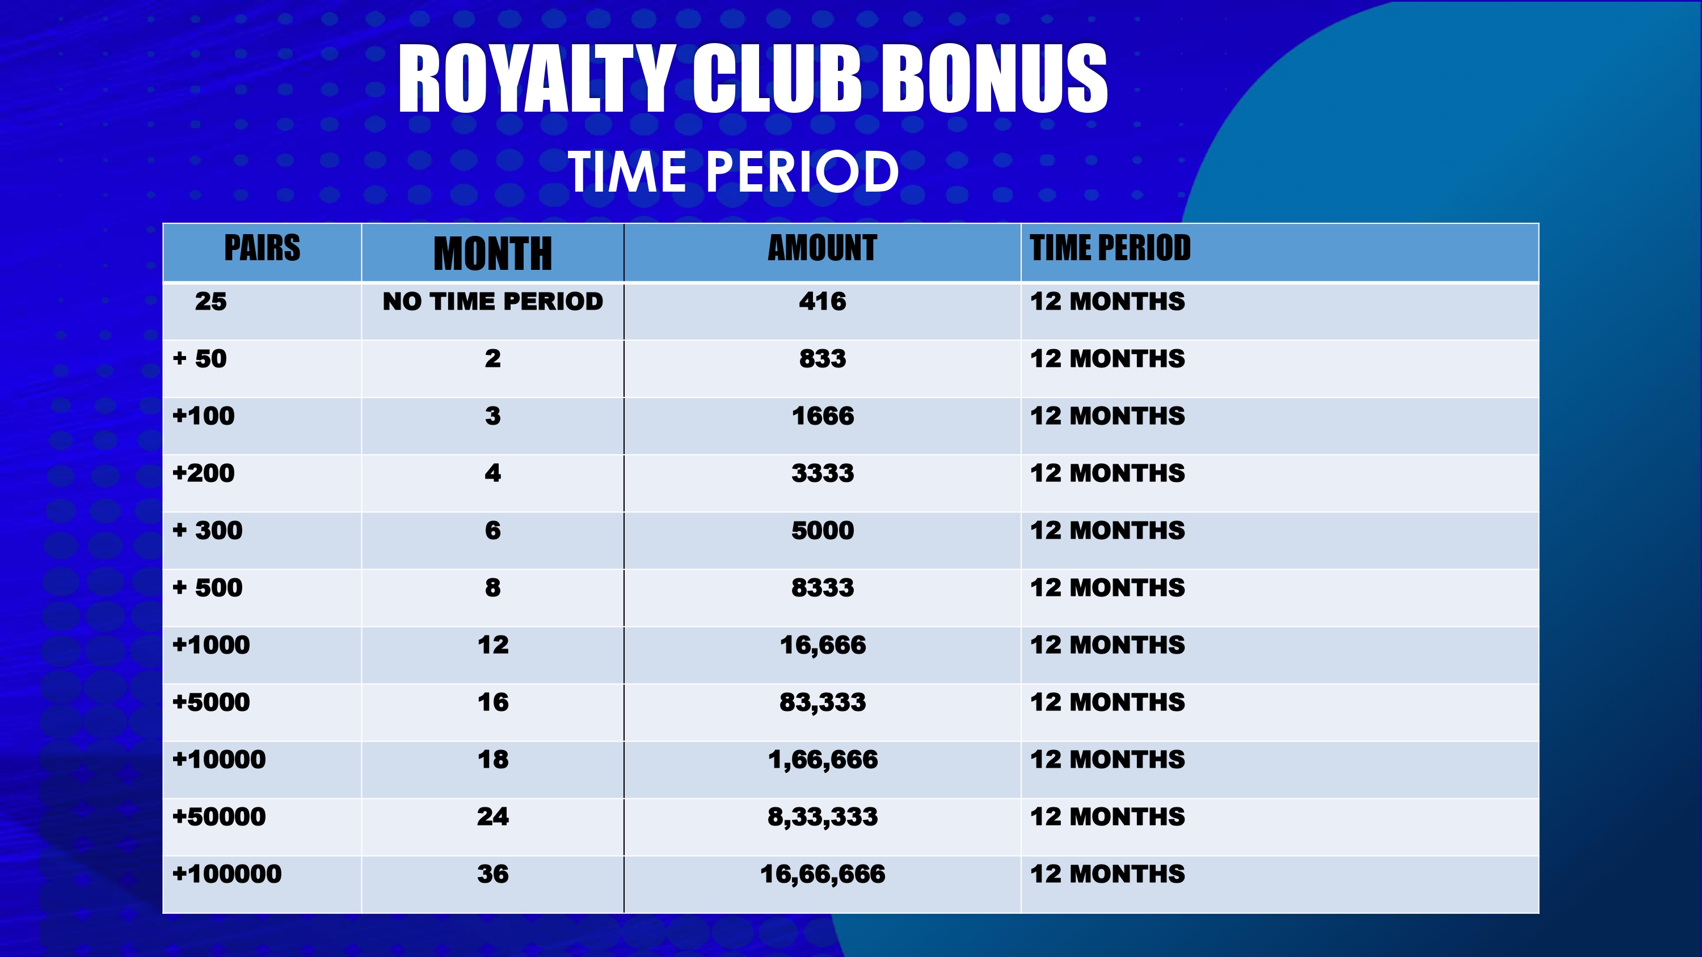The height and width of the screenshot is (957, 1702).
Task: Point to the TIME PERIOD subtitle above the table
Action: (733, 171)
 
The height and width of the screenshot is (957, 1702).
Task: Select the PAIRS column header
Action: (262, 248)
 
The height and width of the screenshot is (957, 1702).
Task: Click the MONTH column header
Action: (493, 253)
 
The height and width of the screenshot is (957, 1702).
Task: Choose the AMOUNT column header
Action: (823, 248)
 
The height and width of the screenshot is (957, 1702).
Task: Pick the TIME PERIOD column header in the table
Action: (1110, 248)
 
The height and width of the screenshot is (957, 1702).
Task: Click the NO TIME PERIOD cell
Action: (493, 301)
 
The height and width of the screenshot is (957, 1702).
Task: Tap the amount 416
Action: (823, 301)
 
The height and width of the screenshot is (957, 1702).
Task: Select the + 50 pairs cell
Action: (200, 359)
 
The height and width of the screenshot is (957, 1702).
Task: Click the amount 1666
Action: (823, 416)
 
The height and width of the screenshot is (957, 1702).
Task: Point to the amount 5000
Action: (823, 530)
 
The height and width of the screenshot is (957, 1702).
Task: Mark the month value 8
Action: (493, 588)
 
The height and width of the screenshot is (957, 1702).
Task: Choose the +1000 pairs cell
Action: (212, 645)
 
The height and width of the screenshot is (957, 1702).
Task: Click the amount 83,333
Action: (823, 702)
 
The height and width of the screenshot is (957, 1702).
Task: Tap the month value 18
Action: (493, 760)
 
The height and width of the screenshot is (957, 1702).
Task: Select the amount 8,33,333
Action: (823, 817)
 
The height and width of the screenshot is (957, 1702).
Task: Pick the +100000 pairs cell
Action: (226, 874)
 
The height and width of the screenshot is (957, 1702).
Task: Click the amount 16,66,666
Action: (823, 874)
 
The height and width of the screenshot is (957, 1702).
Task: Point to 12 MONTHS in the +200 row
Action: (1107, 473)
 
